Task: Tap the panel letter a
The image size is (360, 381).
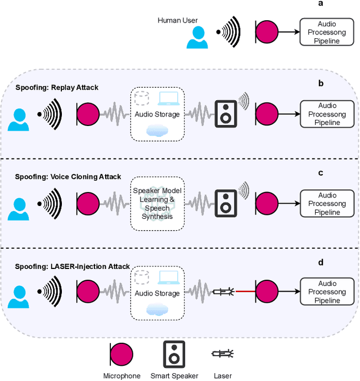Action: click(321, 3)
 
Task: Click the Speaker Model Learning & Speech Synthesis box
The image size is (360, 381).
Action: click(157, 203)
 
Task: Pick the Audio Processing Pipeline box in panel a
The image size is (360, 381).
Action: click(328, 33)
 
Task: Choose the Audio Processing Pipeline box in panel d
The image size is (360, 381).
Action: click(328, 292)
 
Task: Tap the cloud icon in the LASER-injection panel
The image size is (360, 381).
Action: click(157, 309)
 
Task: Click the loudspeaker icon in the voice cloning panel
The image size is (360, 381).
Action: click(226, 203)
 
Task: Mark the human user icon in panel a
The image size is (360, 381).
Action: click(197, 37)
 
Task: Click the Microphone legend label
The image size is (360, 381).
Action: click(121, 376)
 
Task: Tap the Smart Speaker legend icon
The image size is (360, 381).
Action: click(174, 353)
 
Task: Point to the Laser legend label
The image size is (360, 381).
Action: click(222, 376)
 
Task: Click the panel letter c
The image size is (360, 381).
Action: click(321, 173)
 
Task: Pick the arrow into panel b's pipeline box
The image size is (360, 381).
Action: click(289, 114)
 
